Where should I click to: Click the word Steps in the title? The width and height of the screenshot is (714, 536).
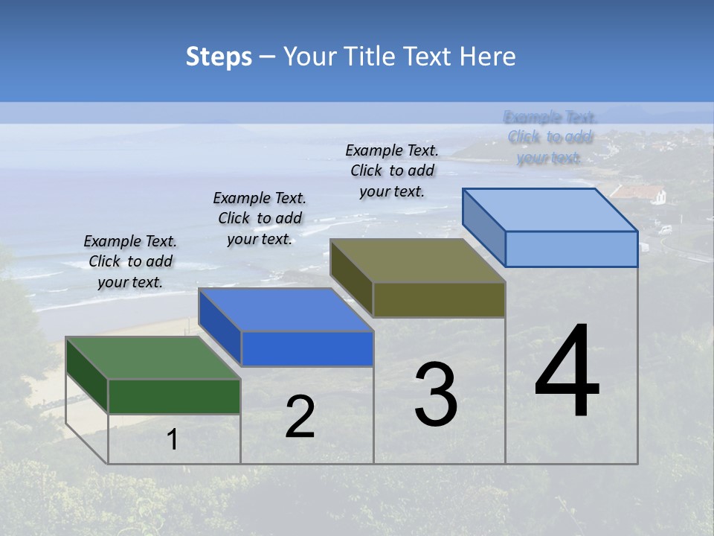(219, 57)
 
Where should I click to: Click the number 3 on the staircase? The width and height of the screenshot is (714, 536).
(436, 395)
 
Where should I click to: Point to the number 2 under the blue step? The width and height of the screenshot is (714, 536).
(300, 417)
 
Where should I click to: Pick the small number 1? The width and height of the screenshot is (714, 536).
(172, 439)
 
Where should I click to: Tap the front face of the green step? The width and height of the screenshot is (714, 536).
(175, 396)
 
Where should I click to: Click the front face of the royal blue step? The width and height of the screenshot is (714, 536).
(307, 348)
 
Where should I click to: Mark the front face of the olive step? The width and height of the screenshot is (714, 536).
(439, 299)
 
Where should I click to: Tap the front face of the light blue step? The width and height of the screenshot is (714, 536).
(571, 249)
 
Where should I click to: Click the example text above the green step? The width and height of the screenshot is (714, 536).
(130, 261)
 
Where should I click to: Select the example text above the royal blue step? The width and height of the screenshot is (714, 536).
(260, 218)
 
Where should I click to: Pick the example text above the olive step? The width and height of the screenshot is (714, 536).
(392, 170)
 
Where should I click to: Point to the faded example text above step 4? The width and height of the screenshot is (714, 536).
(550, 137)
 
